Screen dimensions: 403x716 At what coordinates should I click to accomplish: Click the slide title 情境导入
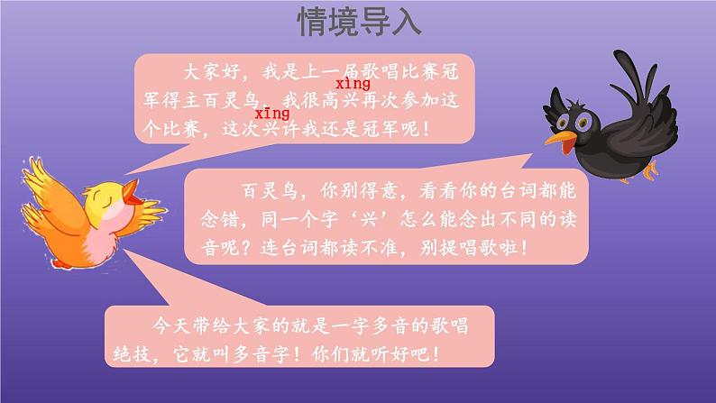[x=359, y=23]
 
